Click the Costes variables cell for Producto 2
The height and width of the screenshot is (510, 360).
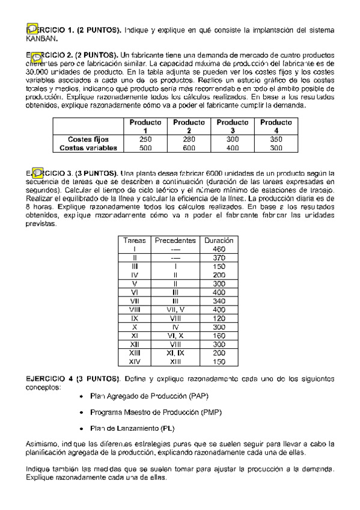tap(189, 147)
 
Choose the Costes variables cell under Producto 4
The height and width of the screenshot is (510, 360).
tap(276, 147)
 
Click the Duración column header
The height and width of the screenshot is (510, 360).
tap(219, 240)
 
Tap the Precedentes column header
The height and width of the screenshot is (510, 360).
tap(175, 240)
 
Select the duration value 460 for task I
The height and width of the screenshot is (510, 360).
tap(219, 249)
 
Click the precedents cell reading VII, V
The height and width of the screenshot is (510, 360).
tap(175, 310)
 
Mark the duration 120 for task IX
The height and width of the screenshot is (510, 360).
tap(219, 318)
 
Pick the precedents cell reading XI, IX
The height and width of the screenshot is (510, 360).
tap(175, 353)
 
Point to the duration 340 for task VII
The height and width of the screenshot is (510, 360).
tap(219, 301)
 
